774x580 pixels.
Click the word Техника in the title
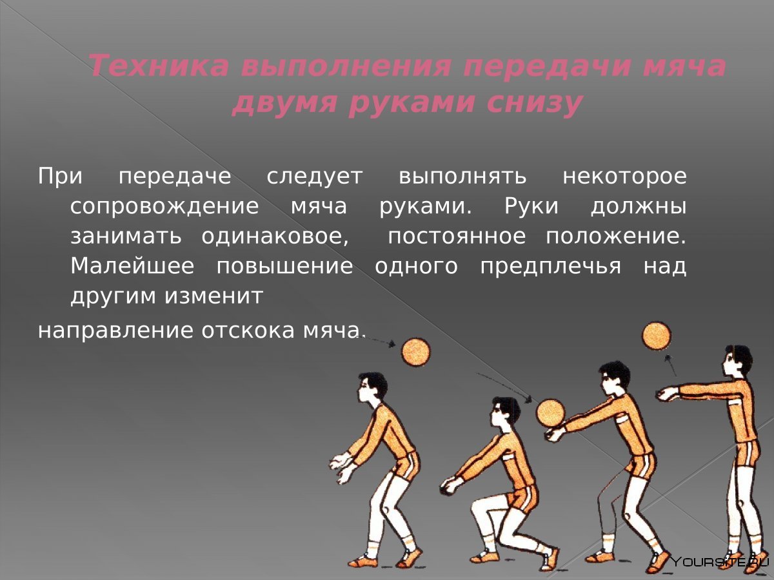pyautogui.click(x=159, y=66)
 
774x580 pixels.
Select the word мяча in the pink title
pyautogui.click(x=684, y=66)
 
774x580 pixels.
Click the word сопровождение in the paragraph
pyautogui.click(x=164, y=207)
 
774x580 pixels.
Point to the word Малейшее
pyautogui.click(x=132, y=266)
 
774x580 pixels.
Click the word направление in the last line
pyautogui.click(x=115, y=332)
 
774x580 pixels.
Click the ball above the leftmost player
pyautogui.click(x=416, y=353)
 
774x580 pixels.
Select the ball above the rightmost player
pyautogui.click(x=657, y=336)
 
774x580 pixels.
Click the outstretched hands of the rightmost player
pyautogui.click(x=667, y=394)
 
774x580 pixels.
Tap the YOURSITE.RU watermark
pyautogui.click(x=719, y=562)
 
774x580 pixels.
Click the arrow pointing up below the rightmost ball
pyautogui.click(x=671, y=365)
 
